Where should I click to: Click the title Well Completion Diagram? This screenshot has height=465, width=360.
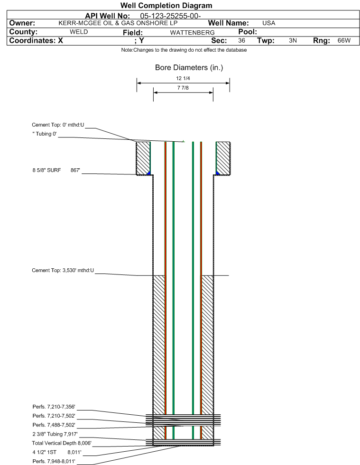pos(166,5)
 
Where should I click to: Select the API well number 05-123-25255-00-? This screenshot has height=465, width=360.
pos(170,16)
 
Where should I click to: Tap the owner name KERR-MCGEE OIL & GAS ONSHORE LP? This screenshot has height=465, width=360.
pos(118,23)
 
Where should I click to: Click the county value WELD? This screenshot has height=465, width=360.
pos(79,32)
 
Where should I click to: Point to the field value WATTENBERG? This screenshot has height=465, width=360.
pos(192,32)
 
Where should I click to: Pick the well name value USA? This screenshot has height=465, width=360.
pos(268,23)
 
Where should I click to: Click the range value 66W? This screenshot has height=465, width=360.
pos(344,40)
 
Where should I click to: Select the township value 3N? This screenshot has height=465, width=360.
pos(293,40)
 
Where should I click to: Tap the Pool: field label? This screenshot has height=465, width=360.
pos(248,32)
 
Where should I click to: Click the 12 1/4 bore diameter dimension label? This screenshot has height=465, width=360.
pos(183,78)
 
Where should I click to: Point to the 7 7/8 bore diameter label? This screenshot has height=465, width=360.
pos(183,88)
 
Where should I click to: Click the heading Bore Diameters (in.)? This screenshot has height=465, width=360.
pos(189,68)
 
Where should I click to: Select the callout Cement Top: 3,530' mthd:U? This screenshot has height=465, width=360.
pos(63,271)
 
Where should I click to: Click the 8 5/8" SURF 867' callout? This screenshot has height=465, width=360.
pos(56,170)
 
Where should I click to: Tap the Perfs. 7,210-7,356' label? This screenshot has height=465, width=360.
pos(54,407)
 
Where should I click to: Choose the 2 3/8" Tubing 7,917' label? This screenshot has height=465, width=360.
pos(55,434)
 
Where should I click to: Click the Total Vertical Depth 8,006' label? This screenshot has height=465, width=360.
pos(62,443)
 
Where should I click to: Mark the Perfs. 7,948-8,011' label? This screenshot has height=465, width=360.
pos(54,461)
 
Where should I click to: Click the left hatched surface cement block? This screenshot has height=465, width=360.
pos(143,158)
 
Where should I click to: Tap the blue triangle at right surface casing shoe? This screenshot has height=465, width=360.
pos(218,173)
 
